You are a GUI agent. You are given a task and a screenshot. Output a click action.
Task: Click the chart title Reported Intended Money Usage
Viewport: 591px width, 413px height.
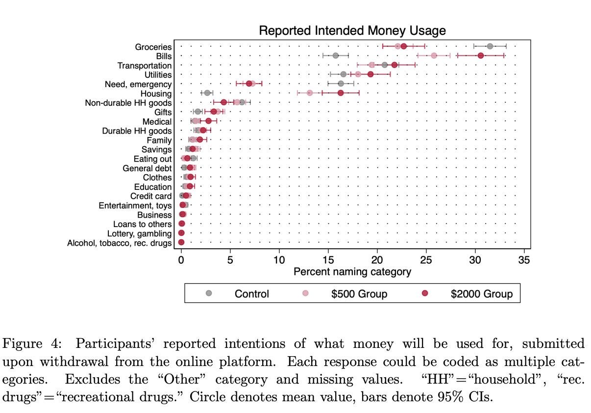click(352, 31)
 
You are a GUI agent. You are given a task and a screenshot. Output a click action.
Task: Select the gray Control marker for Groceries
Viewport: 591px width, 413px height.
click(490, 46)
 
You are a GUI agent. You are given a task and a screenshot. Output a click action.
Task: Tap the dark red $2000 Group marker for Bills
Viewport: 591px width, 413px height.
click(481, 56)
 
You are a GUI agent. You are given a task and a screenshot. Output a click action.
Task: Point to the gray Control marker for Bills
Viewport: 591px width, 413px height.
click(336, 56)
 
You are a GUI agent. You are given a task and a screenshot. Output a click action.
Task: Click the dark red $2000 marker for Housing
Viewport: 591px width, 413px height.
click(341, 93)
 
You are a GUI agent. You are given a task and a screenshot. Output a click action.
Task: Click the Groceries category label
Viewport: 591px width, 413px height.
click(153, 47)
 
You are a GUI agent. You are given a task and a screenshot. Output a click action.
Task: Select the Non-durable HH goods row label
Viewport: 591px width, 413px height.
click(128, 103)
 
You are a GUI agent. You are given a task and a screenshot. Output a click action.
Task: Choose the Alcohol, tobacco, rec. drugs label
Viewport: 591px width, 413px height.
click(120, 243)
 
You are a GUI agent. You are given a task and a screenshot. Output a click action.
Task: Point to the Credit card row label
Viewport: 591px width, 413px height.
click(151, 196)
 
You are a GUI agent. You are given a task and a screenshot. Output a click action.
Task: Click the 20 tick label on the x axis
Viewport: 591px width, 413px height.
click(377, 260)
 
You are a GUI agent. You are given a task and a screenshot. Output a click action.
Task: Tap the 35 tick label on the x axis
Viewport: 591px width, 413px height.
click(524, 260)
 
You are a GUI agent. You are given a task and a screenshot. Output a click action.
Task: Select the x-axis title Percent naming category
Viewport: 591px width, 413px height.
click(352, 272)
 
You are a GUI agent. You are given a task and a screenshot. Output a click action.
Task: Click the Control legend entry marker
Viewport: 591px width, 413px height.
click(209, 293)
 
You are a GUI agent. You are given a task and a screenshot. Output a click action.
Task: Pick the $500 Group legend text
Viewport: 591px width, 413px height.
click(359, 294)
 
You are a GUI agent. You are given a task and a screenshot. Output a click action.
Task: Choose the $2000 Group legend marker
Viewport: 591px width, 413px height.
click(424, 293)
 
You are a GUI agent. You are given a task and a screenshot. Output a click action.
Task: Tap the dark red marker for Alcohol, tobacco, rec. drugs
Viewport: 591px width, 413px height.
click(181, 242)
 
